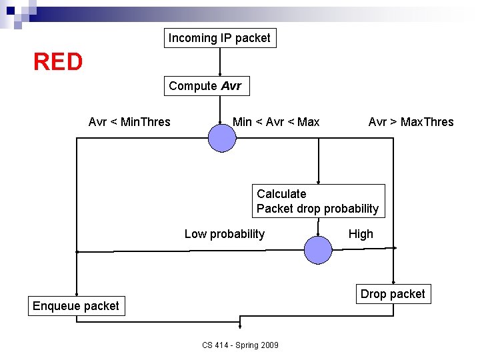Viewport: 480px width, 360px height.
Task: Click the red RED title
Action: pyautogui.click(x=58, y=62)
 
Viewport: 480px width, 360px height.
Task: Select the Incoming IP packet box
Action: pyautogui.click(x=219, y=38)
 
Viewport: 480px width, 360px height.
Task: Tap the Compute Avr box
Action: pyautogui.click(x=205, y=86)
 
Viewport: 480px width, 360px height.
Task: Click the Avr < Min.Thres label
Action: pyautogui.click(x=129, y=122)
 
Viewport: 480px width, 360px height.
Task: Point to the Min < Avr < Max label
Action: pyautogui.click(x=276, y=122)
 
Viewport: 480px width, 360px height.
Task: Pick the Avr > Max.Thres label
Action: pyautogui.click(x=411, y=122)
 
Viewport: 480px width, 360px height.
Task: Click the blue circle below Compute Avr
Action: pyautogui.click(x=222, y=138)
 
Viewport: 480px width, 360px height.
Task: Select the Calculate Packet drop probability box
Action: pyautogui.click(x=318, y=201)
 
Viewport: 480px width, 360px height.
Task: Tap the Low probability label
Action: pyautogui.click(x=224, y=234)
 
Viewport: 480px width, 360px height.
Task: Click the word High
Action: pyautogui.click(x=361, y=234)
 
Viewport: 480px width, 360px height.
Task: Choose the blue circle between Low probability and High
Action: pyautogui.click(x=318, y=250)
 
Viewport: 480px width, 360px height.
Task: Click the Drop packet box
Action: pyautogui.click(x=392, y=294)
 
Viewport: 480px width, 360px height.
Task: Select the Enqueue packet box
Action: pyautogui.click(x=75, y=306)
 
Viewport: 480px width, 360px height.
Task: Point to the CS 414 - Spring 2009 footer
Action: pyautogui.click(x=240, y=345)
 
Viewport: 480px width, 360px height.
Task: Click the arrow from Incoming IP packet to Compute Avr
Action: pyautogui.click(x=220, y=63)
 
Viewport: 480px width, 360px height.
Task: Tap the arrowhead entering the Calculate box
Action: pyautogui.click(x=319, y=181)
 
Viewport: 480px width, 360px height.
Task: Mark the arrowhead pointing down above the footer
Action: pyautogui.click(x=240, y=326)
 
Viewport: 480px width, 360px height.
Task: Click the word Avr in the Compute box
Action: pyautogui.click(x=231, y=86)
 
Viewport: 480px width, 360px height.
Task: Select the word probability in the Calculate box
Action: pyautogui.click(x=351, y=209)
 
